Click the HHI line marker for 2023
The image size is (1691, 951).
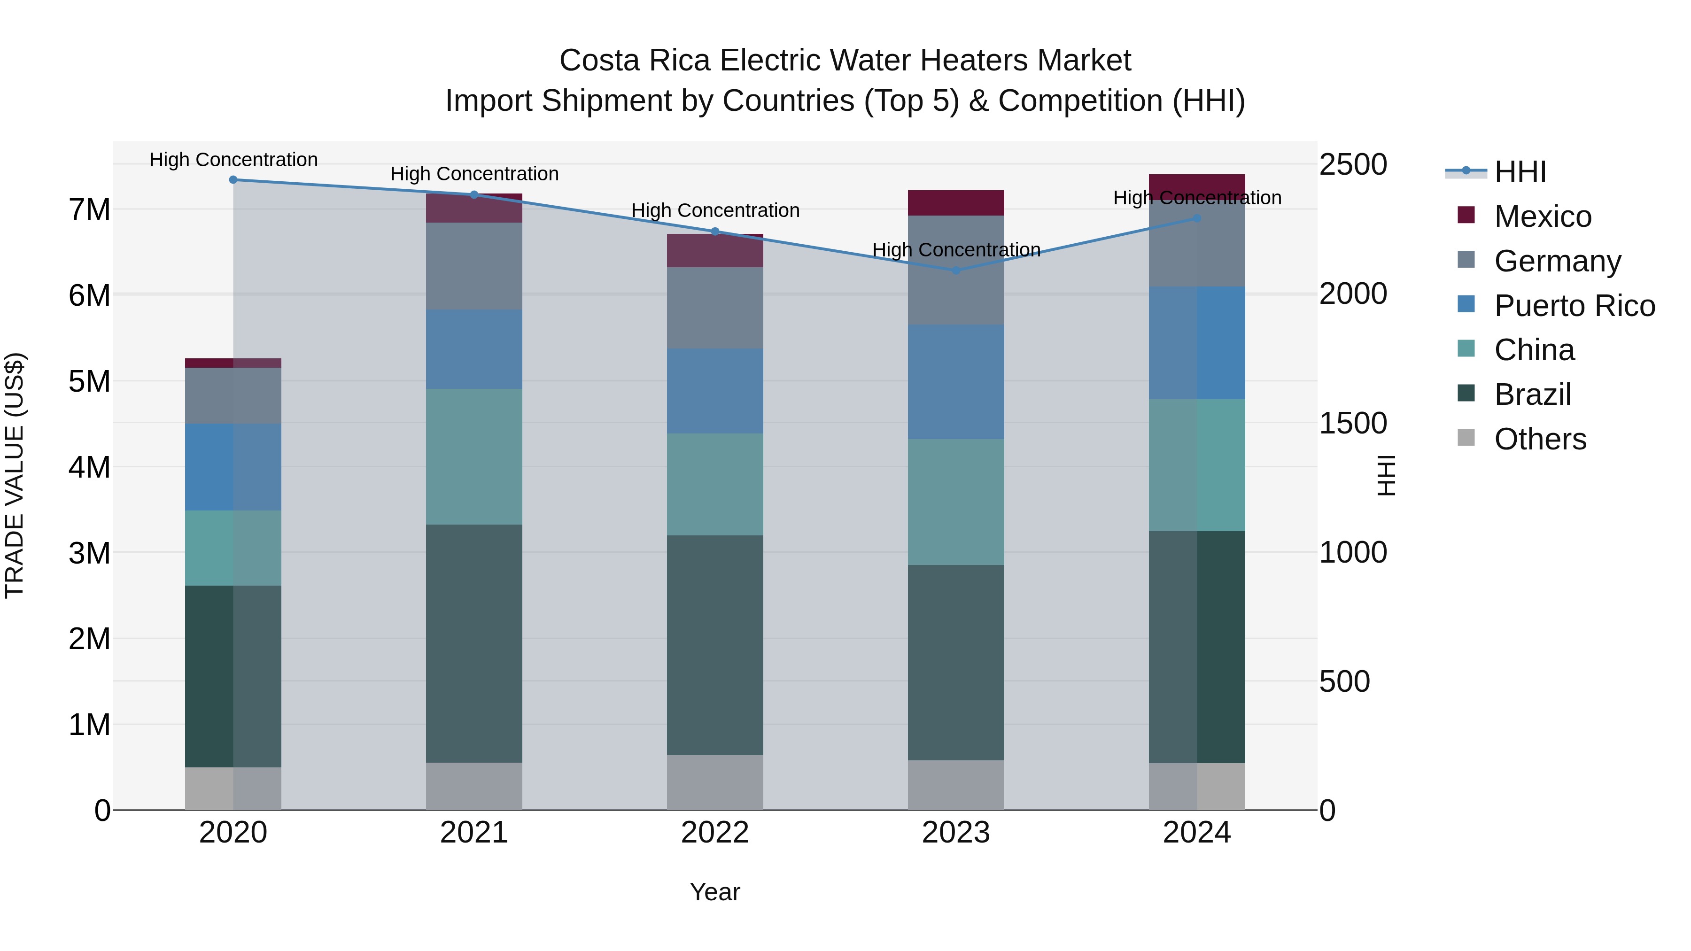956,271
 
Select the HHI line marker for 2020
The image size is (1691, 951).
233,179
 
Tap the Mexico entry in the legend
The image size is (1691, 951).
1542,216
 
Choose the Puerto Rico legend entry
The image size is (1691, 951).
1574,306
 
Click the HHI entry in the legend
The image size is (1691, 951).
1520,172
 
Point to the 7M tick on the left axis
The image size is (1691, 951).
89,210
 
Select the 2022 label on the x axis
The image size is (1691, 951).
715,833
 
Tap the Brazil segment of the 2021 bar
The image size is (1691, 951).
474,643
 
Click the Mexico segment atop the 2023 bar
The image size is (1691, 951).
956,203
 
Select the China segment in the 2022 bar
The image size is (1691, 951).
715,484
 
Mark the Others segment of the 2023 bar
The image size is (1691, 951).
956,785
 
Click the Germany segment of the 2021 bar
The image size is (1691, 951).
474,266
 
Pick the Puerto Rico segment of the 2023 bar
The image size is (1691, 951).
956,382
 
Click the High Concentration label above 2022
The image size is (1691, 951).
715,211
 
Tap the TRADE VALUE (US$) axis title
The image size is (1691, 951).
15,475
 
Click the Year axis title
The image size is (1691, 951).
715,892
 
